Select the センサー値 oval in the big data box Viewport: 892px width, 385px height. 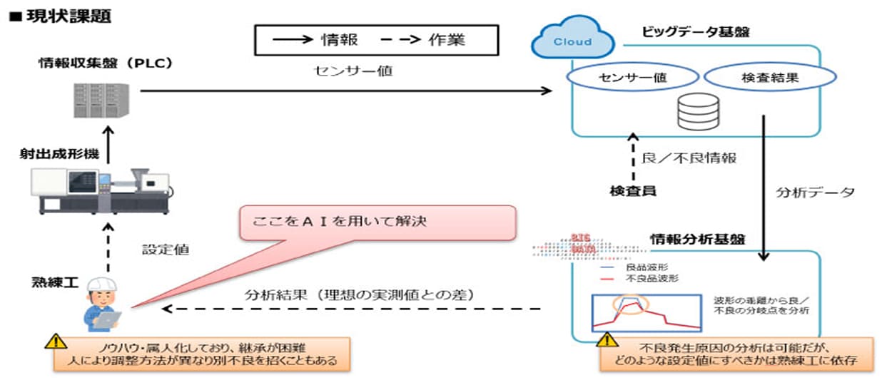pos(630,78)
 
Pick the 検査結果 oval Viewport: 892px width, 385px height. pos(769,78)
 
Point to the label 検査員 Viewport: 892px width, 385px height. pos(632,190)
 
